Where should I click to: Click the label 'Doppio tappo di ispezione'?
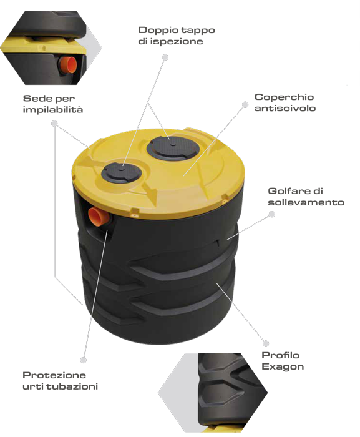pyautogui.click(x=177, y=36)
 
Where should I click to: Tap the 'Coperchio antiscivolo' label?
pyautogui.click(x=285, y=102)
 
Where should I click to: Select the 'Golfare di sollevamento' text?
pyautogui.click(x=306, y=197)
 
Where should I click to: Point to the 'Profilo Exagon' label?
pyautogui.click(x=283, y=361)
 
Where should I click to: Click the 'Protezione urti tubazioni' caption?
pyautogui.click(x=60, y=381)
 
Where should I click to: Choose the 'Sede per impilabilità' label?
pyautogui.click(x=53, y=104)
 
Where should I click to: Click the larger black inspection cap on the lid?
pyautogui.click(x=173, y=148)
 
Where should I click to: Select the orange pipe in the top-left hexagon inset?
pyautogui.click(x=68, y=65)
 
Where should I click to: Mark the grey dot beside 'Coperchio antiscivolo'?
pyautogui.click(x=245, y=104)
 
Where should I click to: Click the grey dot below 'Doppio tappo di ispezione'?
pyautogui.click(x=165, y=57)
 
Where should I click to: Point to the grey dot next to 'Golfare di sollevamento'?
pyautogui.click(x=271, y=214)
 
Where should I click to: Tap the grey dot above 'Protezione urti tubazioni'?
pyautogui.click(x=83, y=360)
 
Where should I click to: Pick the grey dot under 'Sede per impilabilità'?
pyautogui.click(x=54, y=123)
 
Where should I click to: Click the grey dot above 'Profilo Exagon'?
pyautogui.click(x=266, y=343)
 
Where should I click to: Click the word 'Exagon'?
pyautogui.click(x=283, y=367)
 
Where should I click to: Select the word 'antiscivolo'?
pyautogui.click(x=285, y=108)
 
